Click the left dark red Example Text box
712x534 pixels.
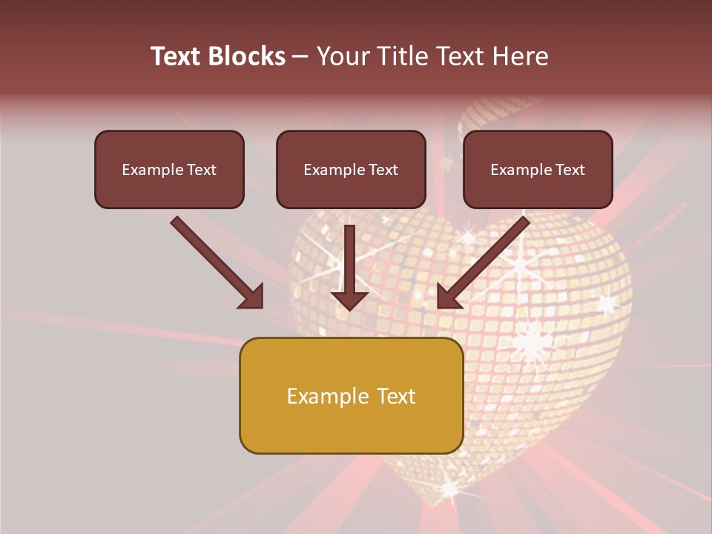coord(169,169)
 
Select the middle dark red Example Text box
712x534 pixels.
coord(351,169)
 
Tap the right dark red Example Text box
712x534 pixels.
coord(538,169)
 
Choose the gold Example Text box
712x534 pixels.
coord(351,395)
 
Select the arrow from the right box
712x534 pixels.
coord(486,260)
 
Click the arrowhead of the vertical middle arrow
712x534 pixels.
coord(349,298)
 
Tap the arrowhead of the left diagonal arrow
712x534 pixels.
coord(252,297)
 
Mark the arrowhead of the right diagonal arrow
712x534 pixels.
coord(448,297)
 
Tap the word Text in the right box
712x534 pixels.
coord(570,170)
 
